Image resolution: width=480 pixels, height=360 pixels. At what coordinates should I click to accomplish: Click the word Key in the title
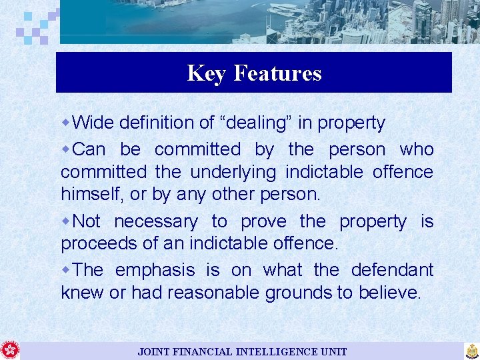(207, 73)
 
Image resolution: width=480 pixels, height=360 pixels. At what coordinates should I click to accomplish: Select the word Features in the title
(277, 73)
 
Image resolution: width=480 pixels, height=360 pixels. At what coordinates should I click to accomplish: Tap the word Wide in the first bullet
(92, 123)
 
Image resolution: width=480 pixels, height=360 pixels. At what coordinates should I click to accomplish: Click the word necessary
(155, 221)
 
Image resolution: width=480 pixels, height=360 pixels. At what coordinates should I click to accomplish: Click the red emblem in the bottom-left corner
(10, 350)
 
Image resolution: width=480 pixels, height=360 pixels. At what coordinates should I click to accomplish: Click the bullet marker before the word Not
(65, 221)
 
